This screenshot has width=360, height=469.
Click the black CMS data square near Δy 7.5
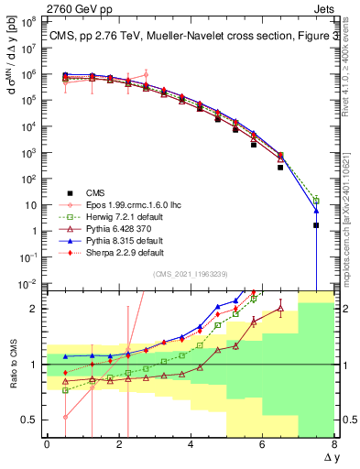pos(316,225)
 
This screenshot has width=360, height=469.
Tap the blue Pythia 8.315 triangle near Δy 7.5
pos(316,210)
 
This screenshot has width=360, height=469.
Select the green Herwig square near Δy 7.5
pos(316,200)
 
